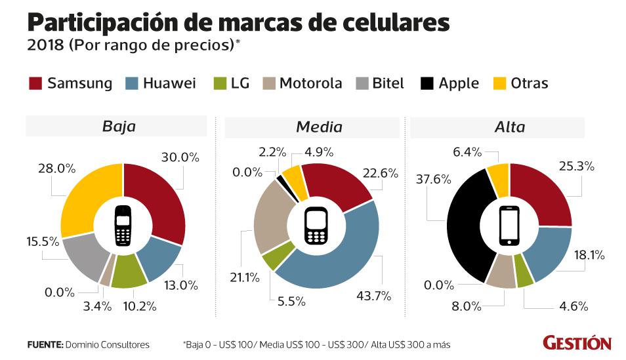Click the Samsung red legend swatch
pyautogui.click(x=35, y=84)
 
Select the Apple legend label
pyautogui.click(x=459, y=84)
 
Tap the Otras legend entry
pyautogui.click(x=529, y=84)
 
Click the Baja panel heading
pyautogui.click(x=119, y=127)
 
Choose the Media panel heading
pyautogui.click(x=319, y=127)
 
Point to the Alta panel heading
pyautogui.click(x=510, y=127)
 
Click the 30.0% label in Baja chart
pyautogui.click(x=180, y=157)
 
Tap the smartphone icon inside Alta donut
pyautogui.click(x=510, y=226)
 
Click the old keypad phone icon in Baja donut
pyautogui.click(x=123, y=226)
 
